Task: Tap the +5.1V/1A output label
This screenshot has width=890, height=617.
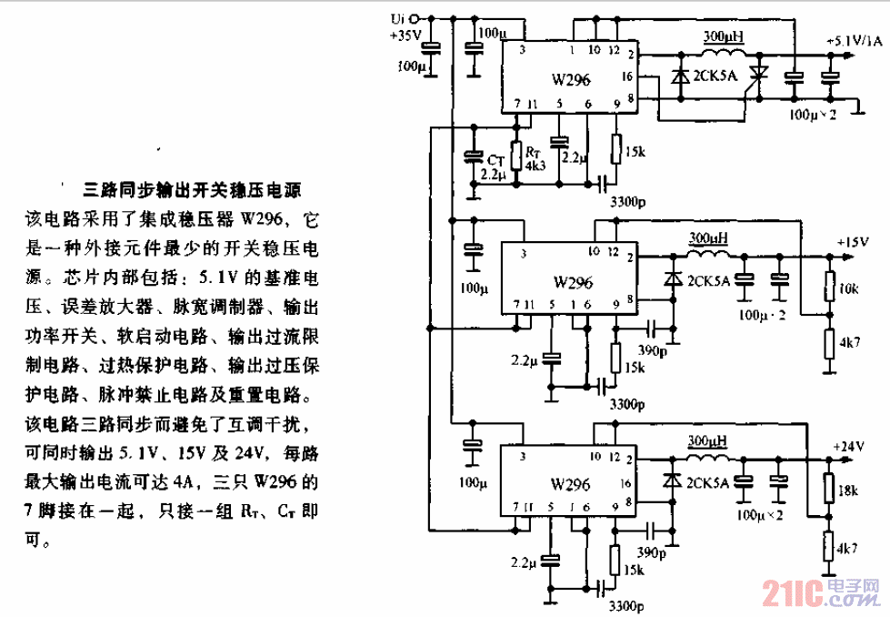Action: (854, 41)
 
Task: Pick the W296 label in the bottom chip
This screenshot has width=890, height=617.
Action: (571, 484)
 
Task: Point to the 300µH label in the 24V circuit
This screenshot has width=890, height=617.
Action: (708, 440)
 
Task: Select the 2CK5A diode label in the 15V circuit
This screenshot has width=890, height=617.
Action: (709, 280)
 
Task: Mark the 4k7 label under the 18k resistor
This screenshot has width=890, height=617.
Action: (847, 550)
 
